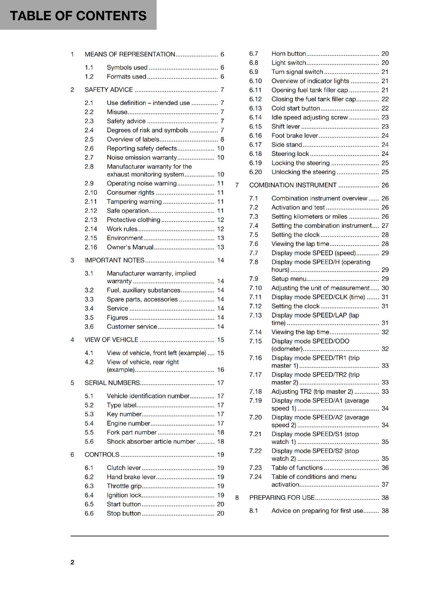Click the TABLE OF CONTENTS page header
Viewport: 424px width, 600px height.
pyautogui.click(x=78, y=16)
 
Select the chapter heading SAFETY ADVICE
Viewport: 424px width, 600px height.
pyautogui.click(x=109, y=90)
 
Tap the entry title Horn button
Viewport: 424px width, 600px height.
pyautogui.click(x=289, y=54)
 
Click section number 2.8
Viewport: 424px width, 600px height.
pyautogui.click(x=89, y=166)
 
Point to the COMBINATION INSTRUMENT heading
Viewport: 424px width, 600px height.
pyautogui.click(x=293, y=185)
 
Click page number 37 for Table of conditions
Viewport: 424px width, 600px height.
pyautogui.click(x=385, y=484)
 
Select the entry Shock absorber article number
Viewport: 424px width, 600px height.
pyautogui.click(x=151, y=442)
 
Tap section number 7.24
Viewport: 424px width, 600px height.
pyautogui.click(x=255, y=477)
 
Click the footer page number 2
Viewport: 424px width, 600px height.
pyautogui.click(x=72, y=562)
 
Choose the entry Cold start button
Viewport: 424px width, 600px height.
pyautogui.click(x=296, y=108)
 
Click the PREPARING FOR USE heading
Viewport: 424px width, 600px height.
pyautogui.click(x=282, y=498)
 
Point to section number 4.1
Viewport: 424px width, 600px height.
pyautogui.click(x=89, y=353)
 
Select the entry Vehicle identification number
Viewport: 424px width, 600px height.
pyautogui.click(x=148, y=396)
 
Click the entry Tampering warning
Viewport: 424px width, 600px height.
pyautogui.click(x=134, y=202)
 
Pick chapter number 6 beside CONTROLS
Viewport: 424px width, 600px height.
pyautogui.click(x=72, y=454)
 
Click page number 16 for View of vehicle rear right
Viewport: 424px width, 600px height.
pyautogui.click(x=220, y=370)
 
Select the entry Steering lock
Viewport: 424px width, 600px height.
pyautogui.click(x=290, y=154)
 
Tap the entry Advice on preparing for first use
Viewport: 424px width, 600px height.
pyautogui.click(x=317, y=511)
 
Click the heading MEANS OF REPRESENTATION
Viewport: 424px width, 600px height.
pyautogui.click(x=130, y=54)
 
